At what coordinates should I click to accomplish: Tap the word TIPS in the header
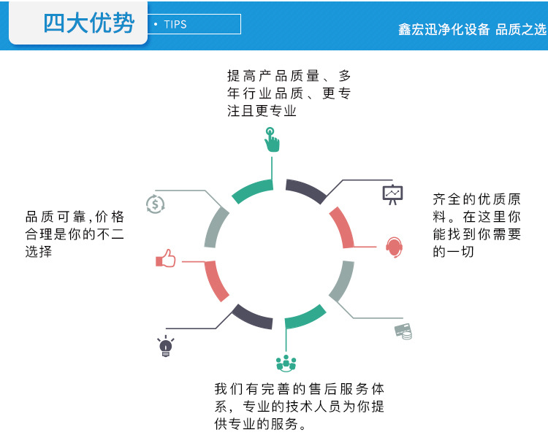pyautogui.click(x=175, y=24)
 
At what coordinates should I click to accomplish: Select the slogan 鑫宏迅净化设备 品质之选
pyautogui.click(x=472, y=29)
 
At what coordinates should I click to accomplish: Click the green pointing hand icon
pyautogui.click(x=271, y=139)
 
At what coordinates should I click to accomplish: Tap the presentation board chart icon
pyautogui.click(x=392, y=195)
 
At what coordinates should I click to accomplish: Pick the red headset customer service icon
pyautogui.click(x=394, y=247)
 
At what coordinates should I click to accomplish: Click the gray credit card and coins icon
pyautogui.click(x=403, y=331)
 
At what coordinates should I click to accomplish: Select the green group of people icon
pyautogui.click(x=286, y=362)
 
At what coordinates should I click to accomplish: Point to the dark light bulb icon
pyautogui.click(x=166, y=346)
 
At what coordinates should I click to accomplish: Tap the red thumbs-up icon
pyautogui.click(x=166, y=259)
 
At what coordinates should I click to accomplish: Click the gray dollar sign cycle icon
pyautogui.click(x=155, y=204)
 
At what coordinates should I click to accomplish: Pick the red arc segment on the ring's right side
pyautogui.click(x=342, y=227)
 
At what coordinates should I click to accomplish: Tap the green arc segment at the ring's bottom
pyautogui.click(x=305, y=318)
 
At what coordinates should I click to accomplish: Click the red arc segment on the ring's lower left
pyautogui.click(x=216, y=281)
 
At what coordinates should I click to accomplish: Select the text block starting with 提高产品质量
pyautogui.click(x=288, y=93)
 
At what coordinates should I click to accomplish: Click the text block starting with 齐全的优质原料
pyautogui.click(x=476, y=225)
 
